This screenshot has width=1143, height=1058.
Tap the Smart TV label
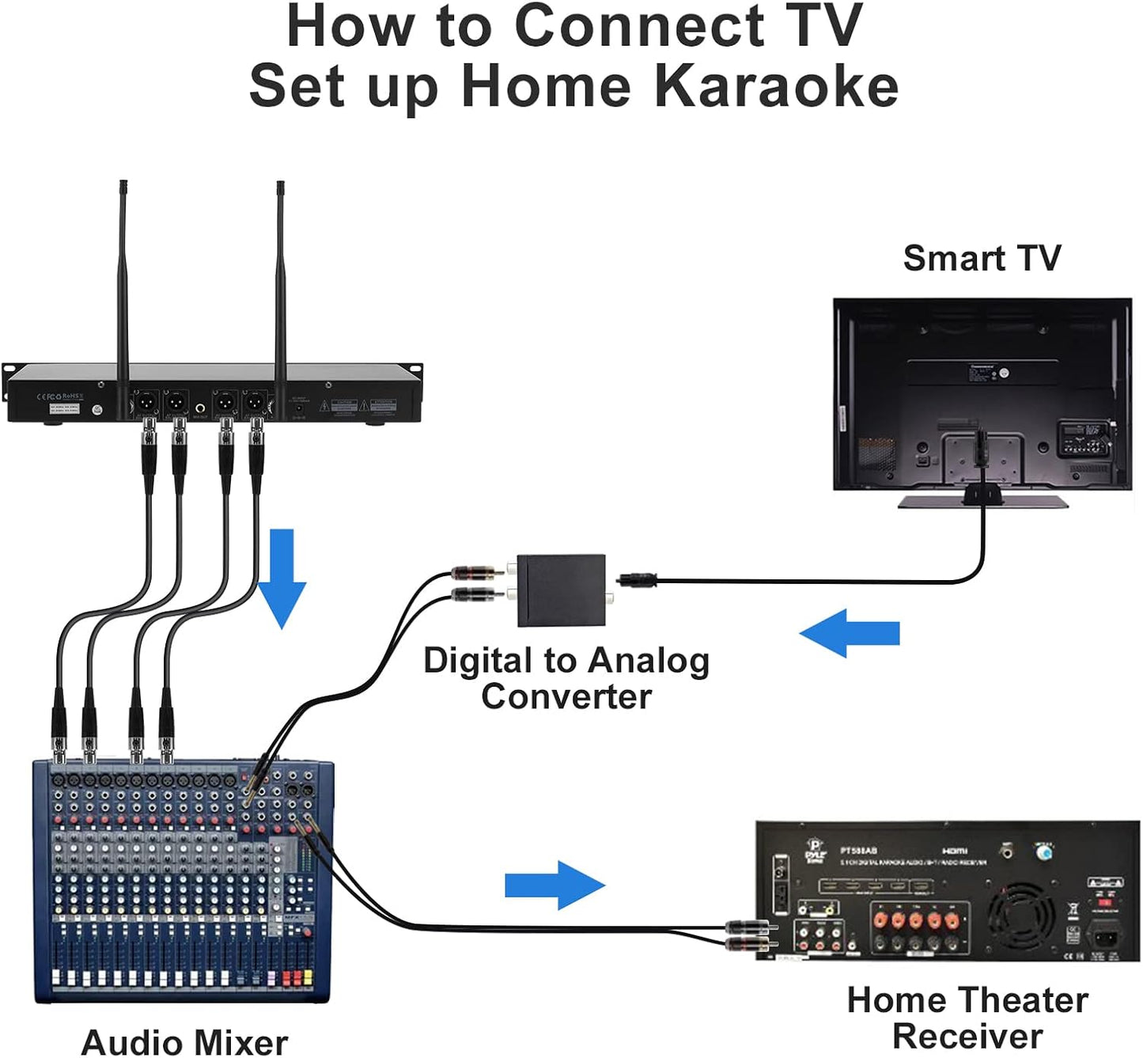982,258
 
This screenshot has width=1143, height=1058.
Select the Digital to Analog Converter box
561,590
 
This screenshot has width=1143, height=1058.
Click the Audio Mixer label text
184,1041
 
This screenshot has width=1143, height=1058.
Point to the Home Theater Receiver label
967,1018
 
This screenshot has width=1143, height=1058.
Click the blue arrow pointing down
282,578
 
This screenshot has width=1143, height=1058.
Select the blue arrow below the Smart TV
850,633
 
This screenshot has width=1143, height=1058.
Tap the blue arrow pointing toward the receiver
555,885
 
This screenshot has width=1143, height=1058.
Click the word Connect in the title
639,26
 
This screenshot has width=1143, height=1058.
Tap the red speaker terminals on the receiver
916,920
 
